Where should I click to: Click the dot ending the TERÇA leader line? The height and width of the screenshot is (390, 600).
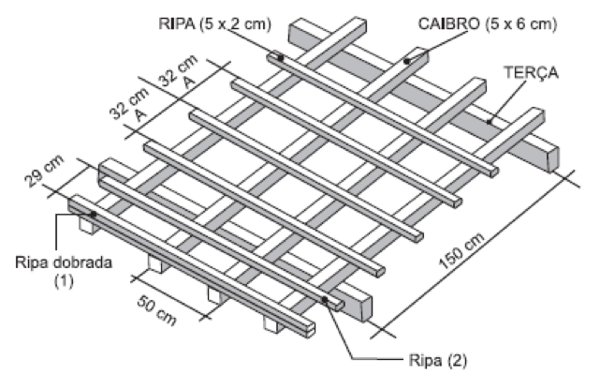click(489, 120)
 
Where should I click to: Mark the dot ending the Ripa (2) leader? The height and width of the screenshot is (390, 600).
click(326, 300)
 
